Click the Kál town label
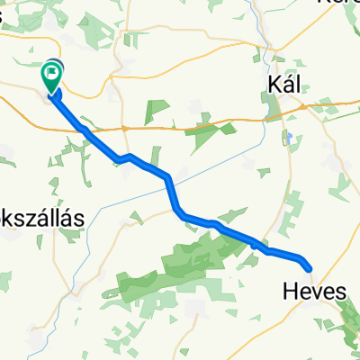tap(283, 84)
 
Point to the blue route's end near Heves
tap(309, 266)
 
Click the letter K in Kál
tap(273, 84)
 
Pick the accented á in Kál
tap(285, 84)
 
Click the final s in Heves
tap(337, 290)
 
